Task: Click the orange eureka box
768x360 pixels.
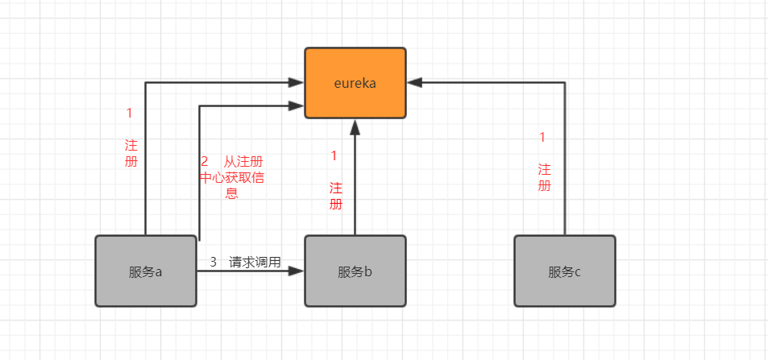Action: coord(355,83)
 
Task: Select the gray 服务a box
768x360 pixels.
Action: coord(146,271)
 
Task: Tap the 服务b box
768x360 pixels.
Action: coord(355,271)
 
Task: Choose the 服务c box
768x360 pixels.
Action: coord(564,271)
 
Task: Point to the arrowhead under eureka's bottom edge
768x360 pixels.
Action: coord(355,126)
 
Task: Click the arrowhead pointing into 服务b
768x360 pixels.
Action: coord(297,271)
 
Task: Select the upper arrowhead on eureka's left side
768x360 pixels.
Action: coord(296,82)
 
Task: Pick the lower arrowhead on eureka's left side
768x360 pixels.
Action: coord(296,105)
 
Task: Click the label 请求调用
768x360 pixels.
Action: coord(255,262)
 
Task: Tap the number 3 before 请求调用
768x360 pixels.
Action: coord(214,262)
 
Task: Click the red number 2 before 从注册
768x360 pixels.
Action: coord(205,161)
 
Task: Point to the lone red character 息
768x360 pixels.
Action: coord(231,193)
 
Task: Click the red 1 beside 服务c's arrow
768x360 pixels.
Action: coord(542,137)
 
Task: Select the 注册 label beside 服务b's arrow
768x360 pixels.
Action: coord(336,196)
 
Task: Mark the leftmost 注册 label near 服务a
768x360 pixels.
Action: coord(131,153)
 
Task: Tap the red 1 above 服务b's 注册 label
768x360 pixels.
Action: coord(334,155)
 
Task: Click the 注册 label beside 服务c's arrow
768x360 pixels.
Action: coord(545,177)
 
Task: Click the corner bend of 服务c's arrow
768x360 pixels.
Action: coord(565,82)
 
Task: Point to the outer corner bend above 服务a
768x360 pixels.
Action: coord(146,82)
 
